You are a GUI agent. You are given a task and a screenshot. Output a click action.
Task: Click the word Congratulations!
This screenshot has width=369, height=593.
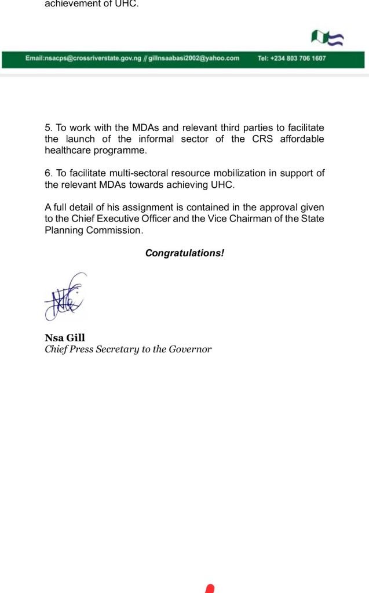pos(184,253)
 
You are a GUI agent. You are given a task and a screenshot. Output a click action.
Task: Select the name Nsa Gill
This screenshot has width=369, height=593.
pos(65,338)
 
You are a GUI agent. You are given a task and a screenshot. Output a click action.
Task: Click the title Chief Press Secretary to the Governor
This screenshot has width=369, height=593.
pos(128,349)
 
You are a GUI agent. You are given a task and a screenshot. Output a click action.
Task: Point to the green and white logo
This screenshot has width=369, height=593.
pos(327,39)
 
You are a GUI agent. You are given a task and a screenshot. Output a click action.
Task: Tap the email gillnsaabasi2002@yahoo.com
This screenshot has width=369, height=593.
pos(194,59)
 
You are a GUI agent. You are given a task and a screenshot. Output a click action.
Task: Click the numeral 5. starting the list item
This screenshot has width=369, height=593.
pos(48,128)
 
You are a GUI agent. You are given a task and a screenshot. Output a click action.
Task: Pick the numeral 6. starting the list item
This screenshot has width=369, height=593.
pos(48,173)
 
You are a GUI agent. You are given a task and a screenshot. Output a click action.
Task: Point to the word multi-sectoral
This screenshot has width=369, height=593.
pos(124,173)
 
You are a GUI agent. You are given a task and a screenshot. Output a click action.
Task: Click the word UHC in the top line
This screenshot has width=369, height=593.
pos(127,4)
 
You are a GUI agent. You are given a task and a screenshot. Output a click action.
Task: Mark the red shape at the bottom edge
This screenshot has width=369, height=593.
pos(210,588)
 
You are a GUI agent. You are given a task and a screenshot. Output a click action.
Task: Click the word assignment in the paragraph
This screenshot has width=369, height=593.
pos(123,207)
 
